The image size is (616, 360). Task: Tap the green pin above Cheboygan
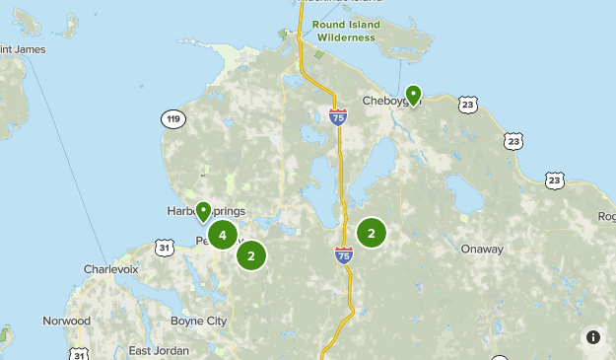click(x=414, y=95)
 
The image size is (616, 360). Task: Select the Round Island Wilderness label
click(x=344, y=31)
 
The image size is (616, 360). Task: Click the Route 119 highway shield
click(x=173, y=119)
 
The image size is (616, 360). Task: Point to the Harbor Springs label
click(x=205, y=211)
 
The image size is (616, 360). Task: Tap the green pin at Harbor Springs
click(x=203, y=210)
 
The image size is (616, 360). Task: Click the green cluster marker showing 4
click(x=223, y=235)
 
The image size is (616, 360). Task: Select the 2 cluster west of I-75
click(x=251, y=255)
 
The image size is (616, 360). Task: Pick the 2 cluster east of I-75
click(x=371, y=233)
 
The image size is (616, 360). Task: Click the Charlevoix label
click(x=110, y=268)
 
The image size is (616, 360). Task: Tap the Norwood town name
click(x=66, y=321)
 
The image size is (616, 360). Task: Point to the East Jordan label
click(x=159, y=351)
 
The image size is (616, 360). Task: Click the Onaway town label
click(x=482, y=250)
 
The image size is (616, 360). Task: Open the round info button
click(x=593, y=337)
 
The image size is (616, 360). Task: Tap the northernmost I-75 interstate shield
click(x=338, y=118)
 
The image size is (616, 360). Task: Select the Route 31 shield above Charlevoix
click(x=165, y=247)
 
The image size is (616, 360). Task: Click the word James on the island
click(x=27, y=48)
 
